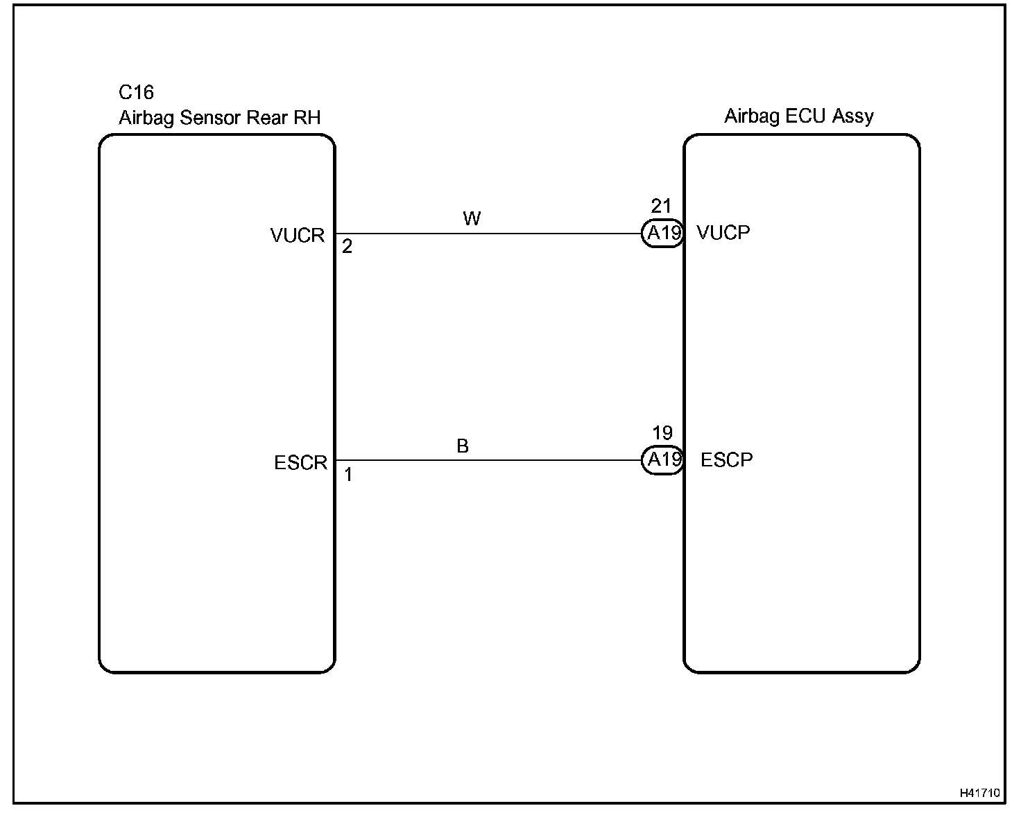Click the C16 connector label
pos(136,93)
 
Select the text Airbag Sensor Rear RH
pos(219,118)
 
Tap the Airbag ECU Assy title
pos(798,116)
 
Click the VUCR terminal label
pos(298,236)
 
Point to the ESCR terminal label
pos(300,462)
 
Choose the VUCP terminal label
pos(723,233)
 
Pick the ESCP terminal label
pos(726,460)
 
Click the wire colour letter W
pos(472,219)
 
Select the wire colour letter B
pos(463,446)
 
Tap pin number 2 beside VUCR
pos(347,247)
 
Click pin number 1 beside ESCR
pos(348,475)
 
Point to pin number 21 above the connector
pos(661,206)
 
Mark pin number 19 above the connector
pos(662,433)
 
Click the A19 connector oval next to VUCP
pos(662,234)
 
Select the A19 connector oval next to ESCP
pos(662,460)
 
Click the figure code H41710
pos(979,793)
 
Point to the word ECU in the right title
pos(805,116)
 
